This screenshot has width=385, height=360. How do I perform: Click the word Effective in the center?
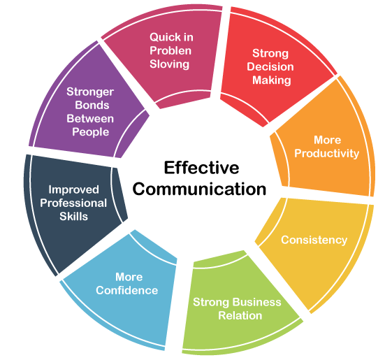[201, 168]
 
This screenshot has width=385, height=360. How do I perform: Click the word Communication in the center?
[199, 189]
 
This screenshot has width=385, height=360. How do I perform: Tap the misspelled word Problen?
[170, 50]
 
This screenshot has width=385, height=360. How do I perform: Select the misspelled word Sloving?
[169, 64]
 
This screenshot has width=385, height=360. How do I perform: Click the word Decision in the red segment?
[270, 67]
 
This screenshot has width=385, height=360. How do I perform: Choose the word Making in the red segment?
[272, 80]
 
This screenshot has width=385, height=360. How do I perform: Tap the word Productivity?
[326, 154]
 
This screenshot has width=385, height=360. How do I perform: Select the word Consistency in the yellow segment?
[314, 240]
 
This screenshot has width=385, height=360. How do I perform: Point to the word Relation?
[240, 315]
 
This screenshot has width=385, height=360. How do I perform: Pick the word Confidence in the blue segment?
[126, 291]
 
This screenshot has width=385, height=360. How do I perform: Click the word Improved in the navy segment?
[73, 190]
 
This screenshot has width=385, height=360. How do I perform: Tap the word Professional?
[73, 203]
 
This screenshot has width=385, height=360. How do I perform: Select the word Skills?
[73, 217]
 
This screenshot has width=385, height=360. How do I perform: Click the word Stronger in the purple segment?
[90, 92]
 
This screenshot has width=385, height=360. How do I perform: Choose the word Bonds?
[92, 106]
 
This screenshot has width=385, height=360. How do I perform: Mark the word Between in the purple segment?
[90, 119]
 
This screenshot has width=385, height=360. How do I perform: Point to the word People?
[90, 132]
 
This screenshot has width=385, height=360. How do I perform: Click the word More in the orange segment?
[327, 141]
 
